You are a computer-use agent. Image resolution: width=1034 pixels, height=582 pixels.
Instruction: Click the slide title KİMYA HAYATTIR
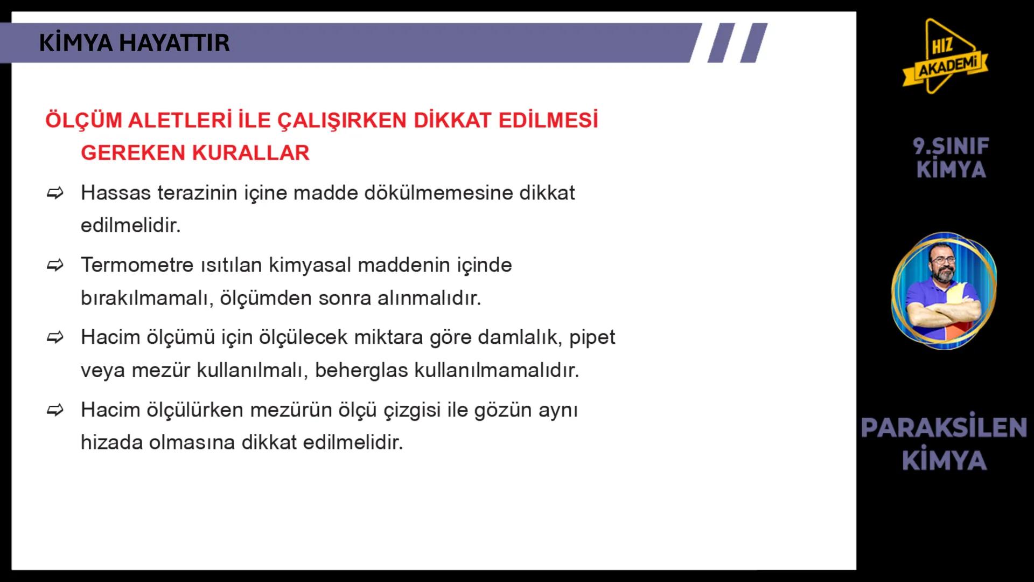coord(134,43)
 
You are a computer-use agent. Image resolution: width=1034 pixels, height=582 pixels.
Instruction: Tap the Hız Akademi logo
coord(946,57)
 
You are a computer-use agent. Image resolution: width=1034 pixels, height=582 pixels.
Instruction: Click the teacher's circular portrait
coord(944,290)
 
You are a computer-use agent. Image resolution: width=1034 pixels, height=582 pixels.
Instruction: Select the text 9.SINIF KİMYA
coord(951,158)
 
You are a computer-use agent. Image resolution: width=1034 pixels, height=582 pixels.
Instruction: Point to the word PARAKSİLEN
coord(944,427)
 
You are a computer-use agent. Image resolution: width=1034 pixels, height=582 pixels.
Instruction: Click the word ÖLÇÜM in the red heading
coord(83,120)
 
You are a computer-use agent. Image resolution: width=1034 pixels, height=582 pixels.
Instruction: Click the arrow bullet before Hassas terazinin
coord(55,193)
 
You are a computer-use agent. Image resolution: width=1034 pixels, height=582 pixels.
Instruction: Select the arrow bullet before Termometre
coord(55,265)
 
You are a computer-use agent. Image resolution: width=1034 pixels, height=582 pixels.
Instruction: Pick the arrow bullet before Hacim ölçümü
coord(55,338)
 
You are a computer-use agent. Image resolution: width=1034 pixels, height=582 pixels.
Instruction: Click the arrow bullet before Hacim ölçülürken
coord(55,410)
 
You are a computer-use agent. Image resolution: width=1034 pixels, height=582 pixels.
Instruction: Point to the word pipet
coord(592,338)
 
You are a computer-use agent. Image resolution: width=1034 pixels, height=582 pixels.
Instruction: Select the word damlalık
coord(517,338)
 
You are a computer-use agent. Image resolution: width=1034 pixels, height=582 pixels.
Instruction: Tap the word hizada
coord(111,443)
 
